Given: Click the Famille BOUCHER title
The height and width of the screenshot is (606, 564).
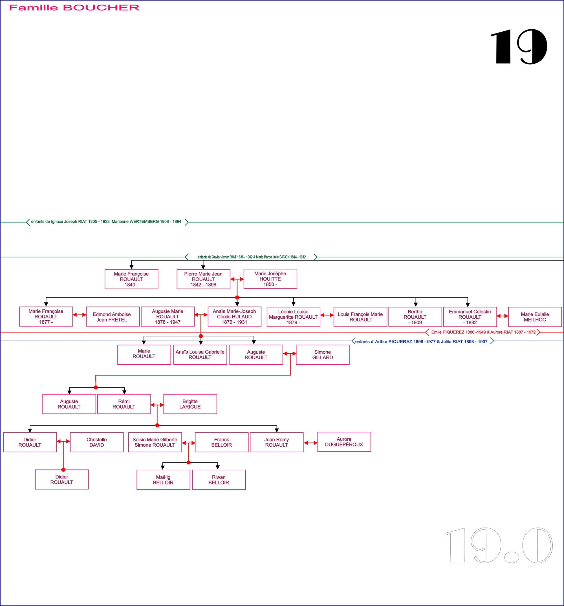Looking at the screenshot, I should coord(74,8).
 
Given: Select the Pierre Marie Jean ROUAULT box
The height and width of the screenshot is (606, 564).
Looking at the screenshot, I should coord(203,279).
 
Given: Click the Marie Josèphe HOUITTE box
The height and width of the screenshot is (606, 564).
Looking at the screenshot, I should coord(270,279).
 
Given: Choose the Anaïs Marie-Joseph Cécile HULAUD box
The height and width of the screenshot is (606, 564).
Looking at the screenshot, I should coord(234,316).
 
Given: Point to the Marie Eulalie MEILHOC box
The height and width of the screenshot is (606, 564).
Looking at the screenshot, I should coord(535,317).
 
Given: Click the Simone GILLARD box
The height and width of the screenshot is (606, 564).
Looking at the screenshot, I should coord(323,354).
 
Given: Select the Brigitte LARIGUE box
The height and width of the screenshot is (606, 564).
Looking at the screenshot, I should coord(190,404).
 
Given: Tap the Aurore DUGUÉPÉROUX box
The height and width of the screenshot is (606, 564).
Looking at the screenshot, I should coord(344,442).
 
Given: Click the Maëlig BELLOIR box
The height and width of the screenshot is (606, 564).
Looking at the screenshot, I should coord(163,480).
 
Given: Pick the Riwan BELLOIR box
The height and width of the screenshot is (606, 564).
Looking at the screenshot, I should coord(219,480).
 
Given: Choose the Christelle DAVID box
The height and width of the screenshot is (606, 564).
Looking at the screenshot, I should coord(97,442).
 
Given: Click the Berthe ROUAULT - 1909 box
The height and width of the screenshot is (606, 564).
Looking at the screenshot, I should coord(415,317).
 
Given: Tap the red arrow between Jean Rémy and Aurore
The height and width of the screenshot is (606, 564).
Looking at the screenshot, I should coord(310,443).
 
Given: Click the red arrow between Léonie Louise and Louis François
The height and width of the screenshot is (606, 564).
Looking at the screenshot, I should coord(327,315).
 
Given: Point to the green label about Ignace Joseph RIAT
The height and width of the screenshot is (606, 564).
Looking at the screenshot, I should coord(106,222).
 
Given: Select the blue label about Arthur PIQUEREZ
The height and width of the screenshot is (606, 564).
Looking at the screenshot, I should coord(421,341).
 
